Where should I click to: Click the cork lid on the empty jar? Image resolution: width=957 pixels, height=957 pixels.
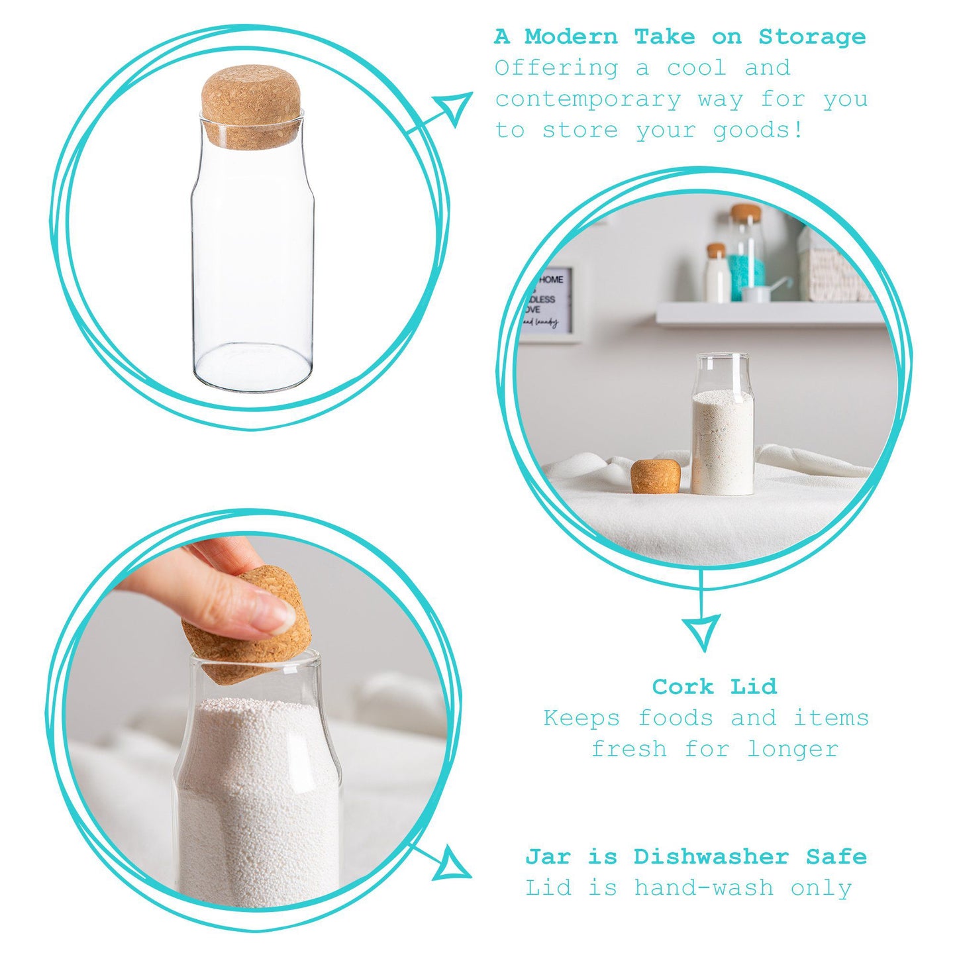(x=251, y=106)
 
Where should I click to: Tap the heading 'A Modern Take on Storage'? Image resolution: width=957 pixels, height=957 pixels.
(x=680, y=37)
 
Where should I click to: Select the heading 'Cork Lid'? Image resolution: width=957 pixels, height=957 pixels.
(x=714, y=687)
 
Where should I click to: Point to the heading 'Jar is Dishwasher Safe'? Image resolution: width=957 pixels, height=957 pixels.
(x=695, y=856)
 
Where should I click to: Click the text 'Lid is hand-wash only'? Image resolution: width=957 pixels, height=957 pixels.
(x=689, y=888)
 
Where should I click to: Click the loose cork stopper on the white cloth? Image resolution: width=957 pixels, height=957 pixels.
(x=655, y=476)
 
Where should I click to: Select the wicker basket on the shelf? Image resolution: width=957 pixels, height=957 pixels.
(x=832, y=268)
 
